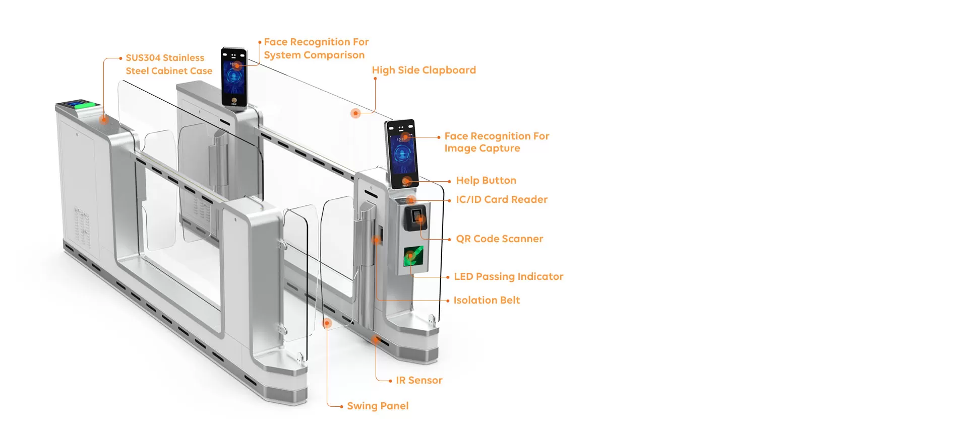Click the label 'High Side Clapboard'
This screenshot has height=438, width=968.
423,70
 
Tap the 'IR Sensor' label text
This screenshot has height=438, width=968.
419,380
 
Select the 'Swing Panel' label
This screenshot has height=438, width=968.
378,406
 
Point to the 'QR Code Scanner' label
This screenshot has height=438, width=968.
499,239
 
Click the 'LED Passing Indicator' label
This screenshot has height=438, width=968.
508,276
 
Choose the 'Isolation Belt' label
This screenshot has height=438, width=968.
487,300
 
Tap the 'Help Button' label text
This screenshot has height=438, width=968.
486,180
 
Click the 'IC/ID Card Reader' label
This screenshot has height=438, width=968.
502,199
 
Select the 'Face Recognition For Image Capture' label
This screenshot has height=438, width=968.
496,142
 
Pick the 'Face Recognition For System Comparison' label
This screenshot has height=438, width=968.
316,48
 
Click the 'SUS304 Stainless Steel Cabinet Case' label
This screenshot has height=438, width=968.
168,64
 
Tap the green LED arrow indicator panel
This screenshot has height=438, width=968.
413,256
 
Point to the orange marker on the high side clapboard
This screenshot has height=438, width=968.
356,113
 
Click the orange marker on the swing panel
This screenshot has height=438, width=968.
327,323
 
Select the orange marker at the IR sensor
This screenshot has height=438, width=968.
376,340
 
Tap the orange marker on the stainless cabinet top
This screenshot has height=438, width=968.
103,120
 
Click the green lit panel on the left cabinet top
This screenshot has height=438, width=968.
83,105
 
